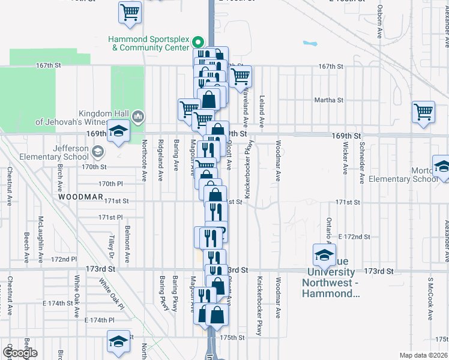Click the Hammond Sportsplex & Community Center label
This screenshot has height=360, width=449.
(149, 43)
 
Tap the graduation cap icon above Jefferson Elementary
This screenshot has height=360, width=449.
(118, 133)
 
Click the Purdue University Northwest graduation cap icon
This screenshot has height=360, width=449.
(324, 256)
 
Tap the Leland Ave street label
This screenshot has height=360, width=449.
(262, 111)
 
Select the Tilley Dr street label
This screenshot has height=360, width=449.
(112, 243)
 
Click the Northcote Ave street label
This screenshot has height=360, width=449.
(144, 160)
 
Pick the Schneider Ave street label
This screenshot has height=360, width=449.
(362, 163)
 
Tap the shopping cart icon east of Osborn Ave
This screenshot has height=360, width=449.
(423, 112)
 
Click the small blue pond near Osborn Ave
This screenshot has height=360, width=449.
(310, 43)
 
